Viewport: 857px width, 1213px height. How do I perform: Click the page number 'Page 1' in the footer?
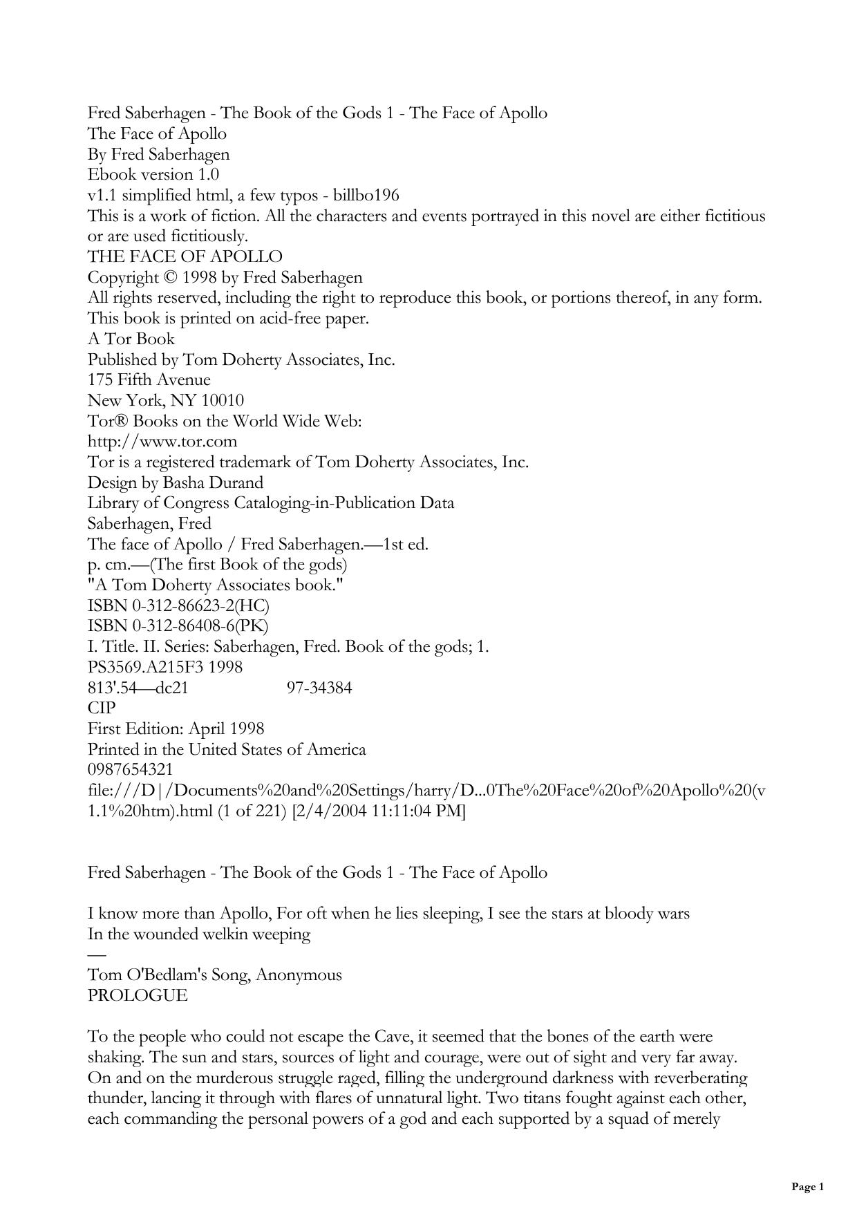click(x=807, y=1187)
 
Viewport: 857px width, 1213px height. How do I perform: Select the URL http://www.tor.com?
click(x=162, y=441)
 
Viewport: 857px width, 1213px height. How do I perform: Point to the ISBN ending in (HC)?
click(x=178, y=605)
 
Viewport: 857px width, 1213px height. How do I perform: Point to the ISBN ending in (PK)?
click(x=178, y=626)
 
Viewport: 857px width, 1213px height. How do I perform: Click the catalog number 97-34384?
click(x=319, y=688)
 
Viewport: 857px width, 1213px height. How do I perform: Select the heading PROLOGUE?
click(x=138, y=995)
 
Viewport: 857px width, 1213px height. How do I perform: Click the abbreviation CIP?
click(x=102, y=708)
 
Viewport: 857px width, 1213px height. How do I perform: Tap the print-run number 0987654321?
click(x=130, y=769)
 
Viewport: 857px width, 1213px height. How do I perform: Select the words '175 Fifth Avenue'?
click(x=149, y=379)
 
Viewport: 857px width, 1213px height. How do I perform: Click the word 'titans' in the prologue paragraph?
click(x=543, y=1098)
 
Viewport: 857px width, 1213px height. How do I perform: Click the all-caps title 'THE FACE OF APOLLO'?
click(x=185, y=256)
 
